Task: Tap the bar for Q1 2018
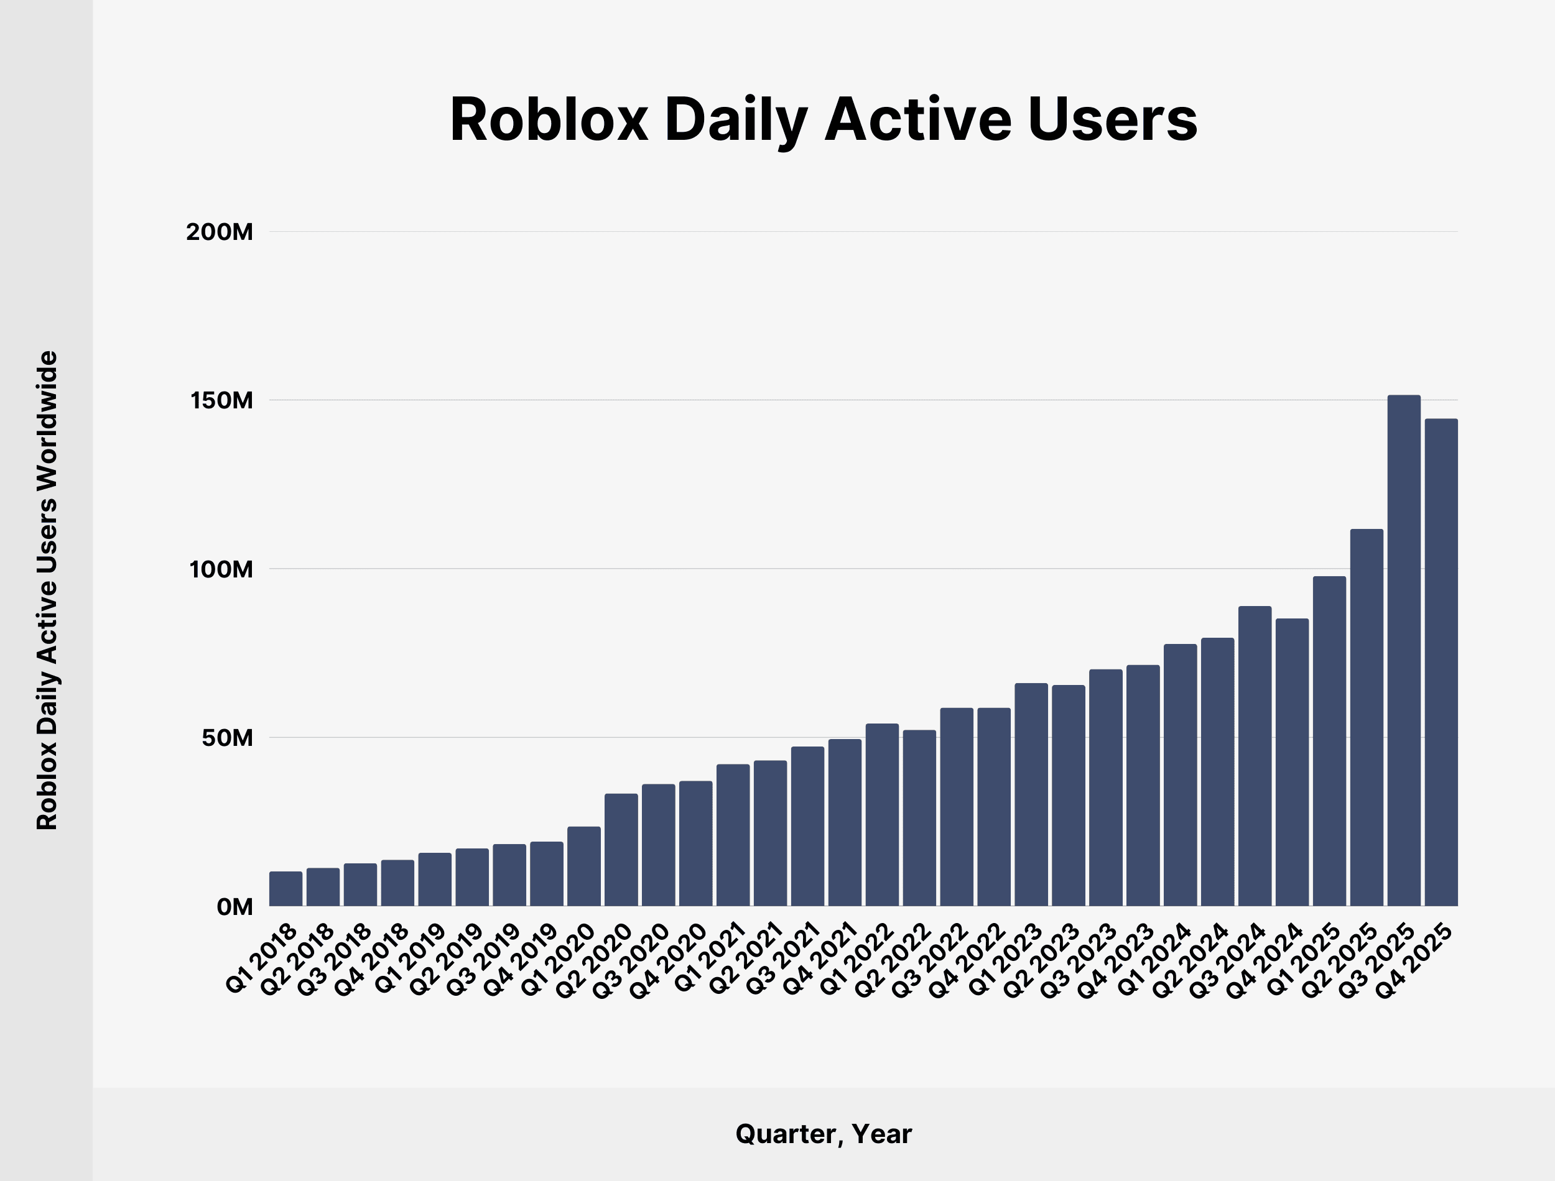click(x=285, y=889)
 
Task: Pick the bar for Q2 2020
click(x=621, y=850)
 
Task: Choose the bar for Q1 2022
click(x=882, y=815)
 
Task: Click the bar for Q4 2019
click(x=547, y=874)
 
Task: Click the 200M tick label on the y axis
click(x=220, y=232)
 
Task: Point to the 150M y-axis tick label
click(x=221, y=401)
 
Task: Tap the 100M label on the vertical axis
click(x=221, y=569)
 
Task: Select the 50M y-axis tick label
click(x=226, y=738)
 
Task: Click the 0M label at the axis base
click(x=234, y=907)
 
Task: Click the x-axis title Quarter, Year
click(x=824, y=1134)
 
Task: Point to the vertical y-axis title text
click(x=47, y=590)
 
